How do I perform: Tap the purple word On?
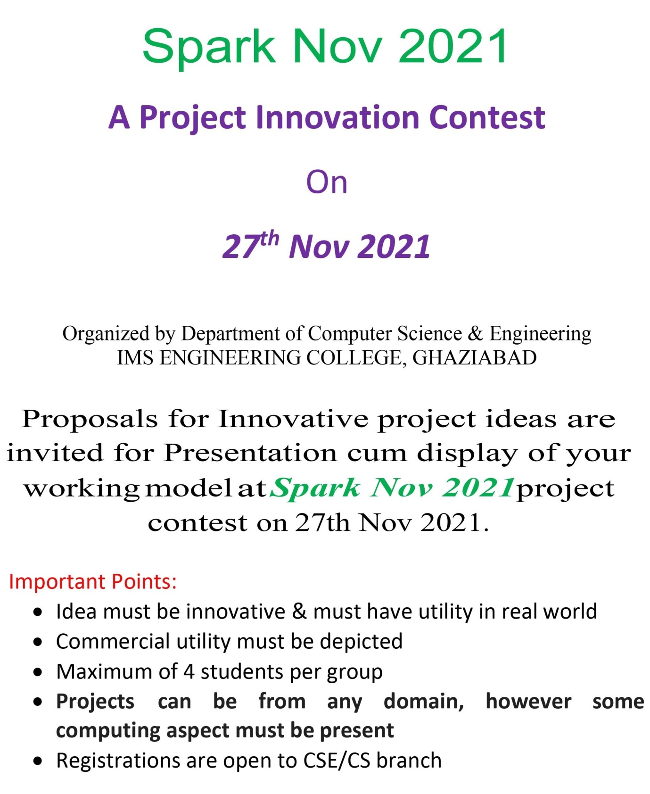[x=327, y=182]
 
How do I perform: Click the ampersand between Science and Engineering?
[x=476, y=333]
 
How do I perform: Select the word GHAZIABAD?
[x=474, y=358]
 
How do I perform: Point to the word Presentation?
[x=250, y=453]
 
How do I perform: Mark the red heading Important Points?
[x=93, y=582]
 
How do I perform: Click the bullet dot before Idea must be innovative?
[x=39, y=612]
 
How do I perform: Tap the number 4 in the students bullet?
[x=189, y=672]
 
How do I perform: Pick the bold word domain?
[x=424, y=702]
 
